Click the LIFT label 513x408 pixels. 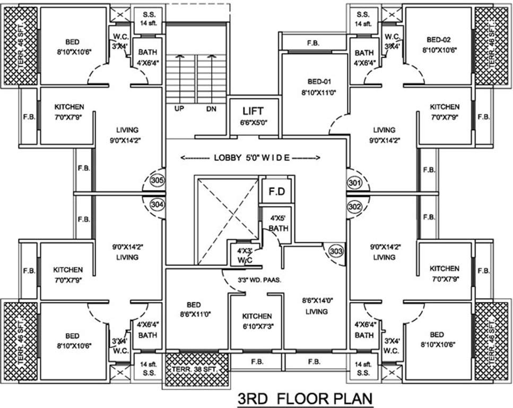point(253,112)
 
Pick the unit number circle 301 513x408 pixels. point(355,183)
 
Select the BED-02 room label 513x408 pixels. point(440,40)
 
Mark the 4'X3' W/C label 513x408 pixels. point(243,254)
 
